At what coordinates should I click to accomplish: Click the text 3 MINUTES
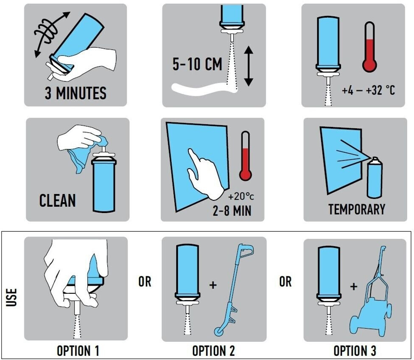(x=76, y=93)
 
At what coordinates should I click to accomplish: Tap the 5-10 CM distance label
(x=198, y=64)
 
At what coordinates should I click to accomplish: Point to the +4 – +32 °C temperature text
(x=368, y=90)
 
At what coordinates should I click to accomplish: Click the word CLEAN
(x=58, y=200)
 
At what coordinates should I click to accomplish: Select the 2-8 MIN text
(x=232, y=211)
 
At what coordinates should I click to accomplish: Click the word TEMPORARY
(x=357, y=209)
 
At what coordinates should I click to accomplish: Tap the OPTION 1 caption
(x=78, y=351)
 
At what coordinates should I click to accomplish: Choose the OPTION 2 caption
(x=214, y=351)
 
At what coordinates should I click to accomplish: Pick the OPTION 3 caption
(x=355, y=351)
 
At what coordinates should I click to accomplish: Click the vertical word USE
(x=11, y=297)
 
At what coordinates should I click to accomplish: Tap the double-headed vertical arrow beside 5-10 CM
(x=249, y=66)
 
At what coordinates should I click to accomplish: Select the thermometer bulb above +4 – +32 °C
(x=369, y=65)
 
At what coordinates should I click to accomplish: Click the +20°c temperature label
(x=241, y=197)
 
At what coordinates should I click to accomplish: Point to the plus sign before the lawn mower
(x=354, y=287)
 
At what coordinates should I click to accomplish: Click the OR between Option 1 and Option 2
(x=145, y=282)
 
